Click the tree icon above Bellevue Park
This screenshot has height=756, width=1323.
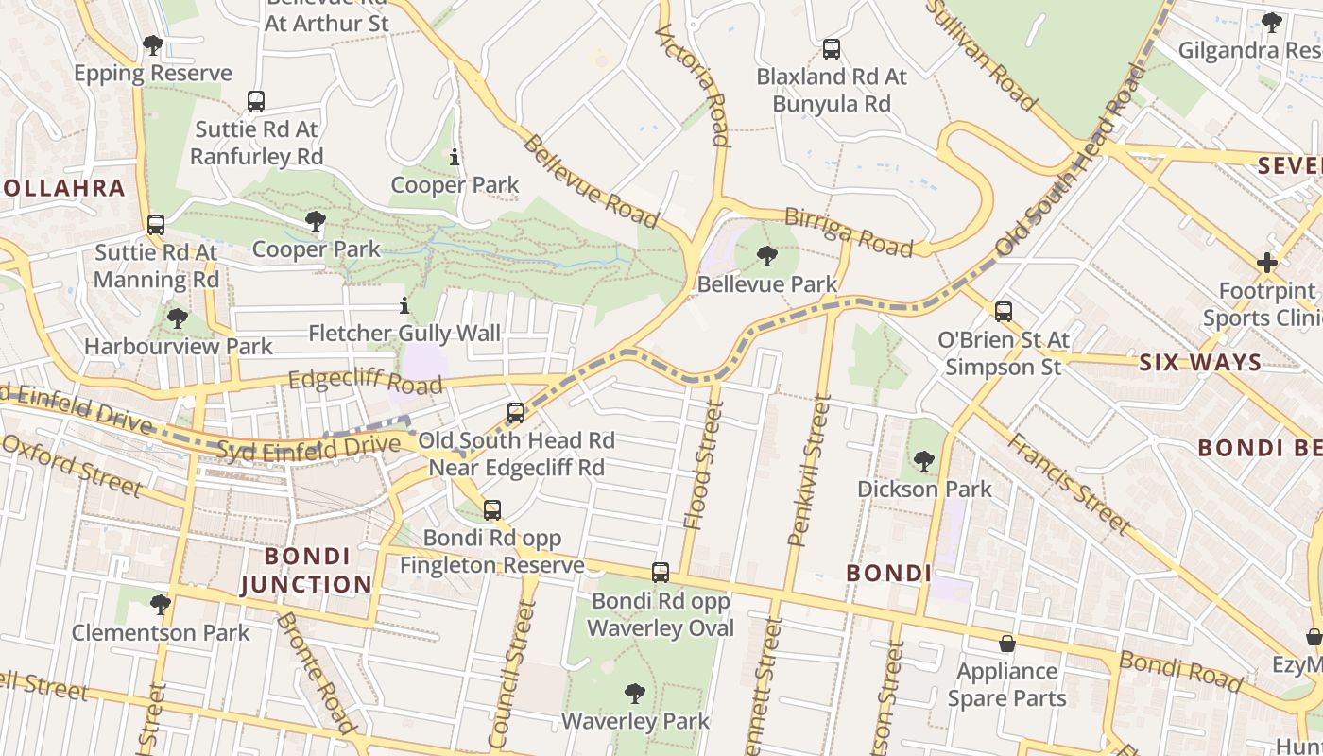[x=767, y=255]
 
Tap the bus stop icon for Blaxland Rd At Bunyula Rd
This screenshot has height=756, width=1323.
[x=831, y=49]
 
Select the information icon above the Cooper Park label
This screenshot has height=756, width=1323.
[x=455, y=157]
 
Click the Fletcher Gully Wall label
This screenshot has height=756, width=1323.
[x=404, y=334]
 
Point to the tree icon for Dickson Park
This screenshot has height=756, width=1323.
[x=923, y=461]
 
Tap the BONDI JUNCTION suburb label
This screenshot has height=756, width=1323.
[x=306, y=570]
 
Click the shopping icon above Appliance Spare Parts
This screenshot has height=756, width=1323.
[x=1007, y=644]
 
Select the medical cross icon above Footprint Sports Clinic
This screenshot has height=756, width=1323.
[x=1267, y=263]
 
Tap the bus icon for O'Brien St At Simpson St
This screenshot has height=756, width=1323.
[x=1004, y=311]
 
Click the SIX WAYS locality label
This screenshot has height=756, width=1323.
[x=1200, y=362]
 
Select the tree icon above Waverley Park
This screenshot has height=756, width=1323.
[x=635, y=694]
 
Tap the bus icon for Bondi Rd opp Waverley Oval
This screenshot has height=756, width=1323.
[x=661, y=573]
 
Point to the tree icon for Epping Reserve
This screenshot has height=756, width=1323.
[x=152, y=45]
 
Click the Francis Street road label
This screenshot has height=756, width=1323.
[x=1069, y=483]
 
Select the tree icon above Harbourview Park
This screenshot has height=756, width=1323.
[x=177, y=318]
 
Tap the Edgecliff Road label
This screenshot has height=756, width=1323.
[x=365, y=382]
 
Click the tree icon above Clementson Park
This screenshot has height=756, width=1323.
[x=161, y=604]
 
